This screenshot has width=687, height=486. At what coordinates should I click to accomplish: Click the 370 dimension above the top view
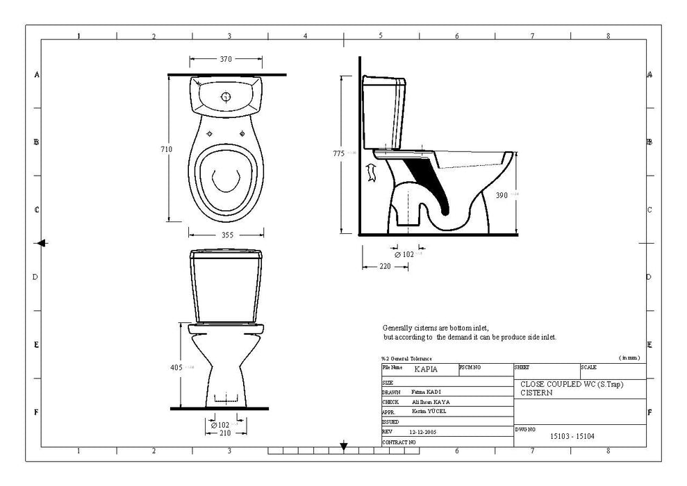(226, 60)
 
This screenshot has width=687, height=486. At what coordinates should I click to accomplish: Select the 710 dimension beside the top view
(166, 149)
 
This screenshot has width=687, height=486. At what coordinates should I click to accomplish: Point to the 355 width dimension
(226, 235)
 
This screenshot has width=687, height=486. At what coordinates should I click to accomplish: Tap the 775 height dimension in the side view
(338, 153)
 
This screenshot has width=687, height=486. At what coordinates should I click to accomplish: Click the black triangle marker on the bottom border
(343, 447)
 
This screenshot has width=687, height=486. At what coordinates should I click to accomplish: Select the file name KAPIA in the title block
(426, 369)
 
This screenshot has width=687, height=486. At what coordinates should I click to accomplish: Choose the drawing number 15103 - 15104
(572, 437)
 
